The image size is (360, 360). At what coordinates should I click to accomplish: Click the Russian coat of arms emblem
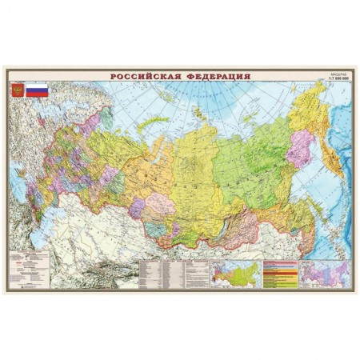coord(17,90)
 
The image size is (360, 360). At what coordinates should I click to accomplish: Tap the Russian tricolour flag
coord(36,90)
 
